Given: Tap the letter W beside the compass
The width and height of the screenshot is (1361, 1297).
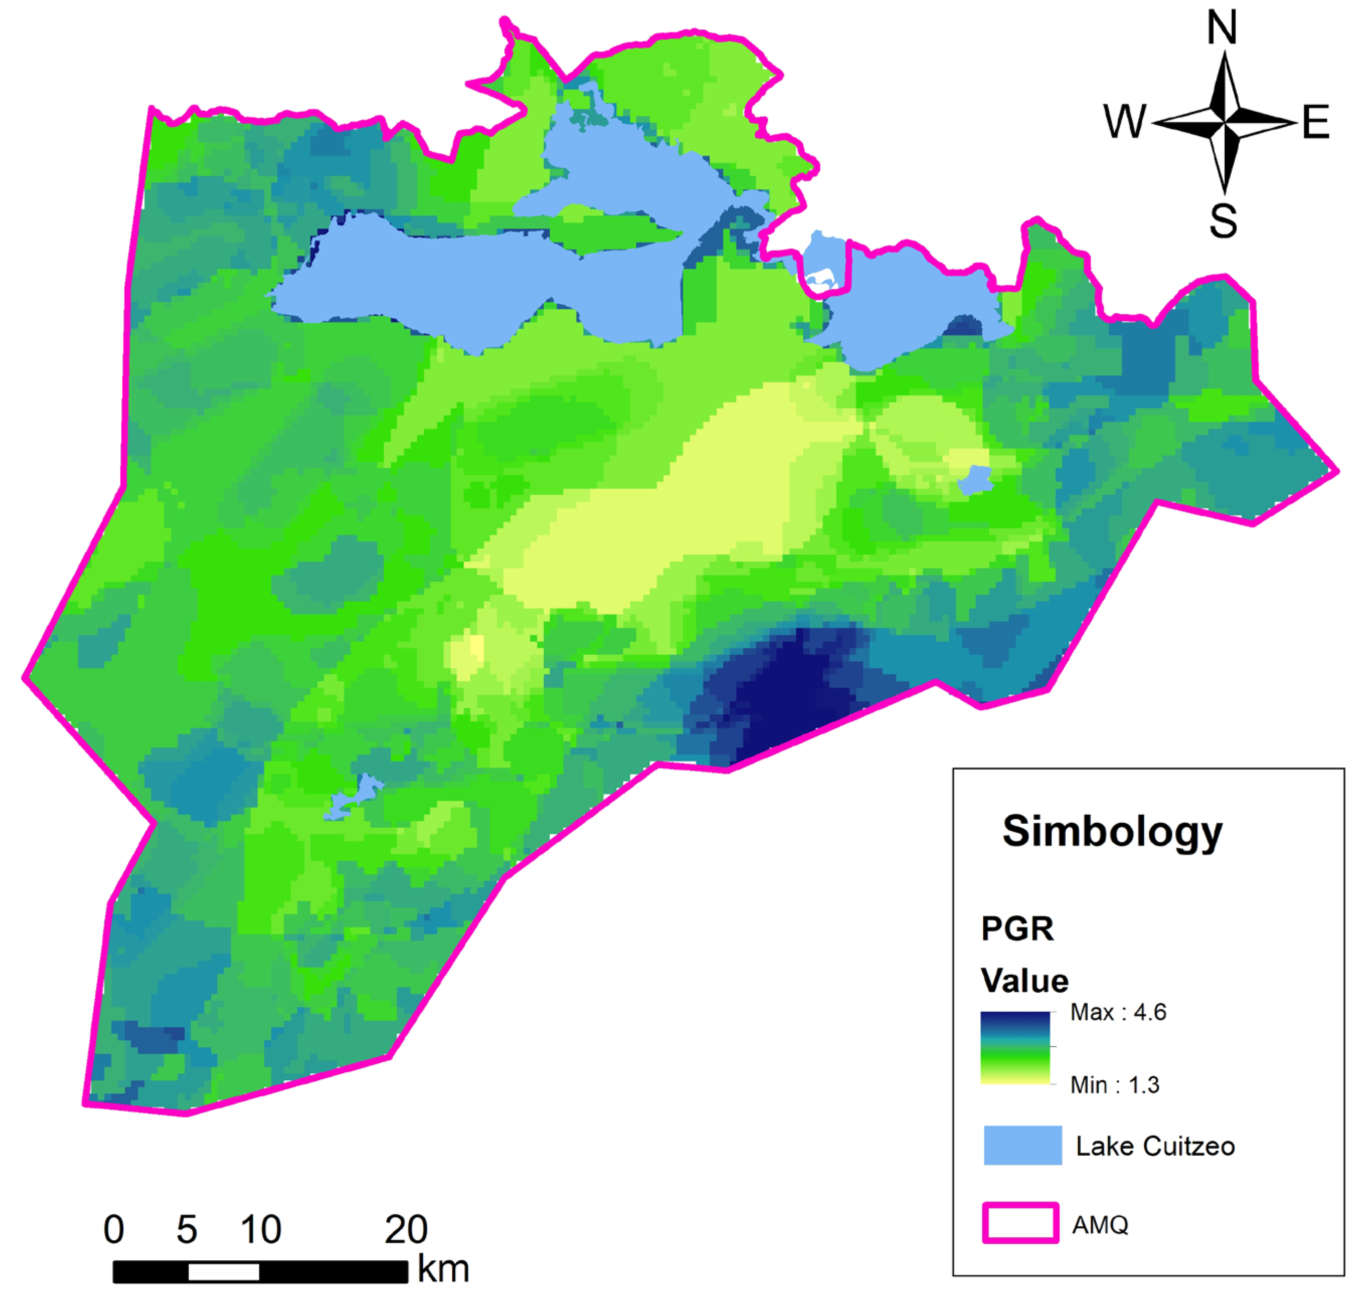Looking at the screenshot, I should [1125, 122].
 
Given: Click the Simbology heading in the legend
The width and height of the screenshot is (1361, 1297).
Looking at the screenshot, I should [1112, 832].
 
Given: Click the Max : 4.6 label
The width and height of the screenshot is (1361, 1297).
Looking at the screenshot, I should [1118, 1012].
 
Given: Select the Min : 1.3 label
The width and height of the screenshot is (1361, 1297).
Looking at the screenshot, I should [1114, 1085].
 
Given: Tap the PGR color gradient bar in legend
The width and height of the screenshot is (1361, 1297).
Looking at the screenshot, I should [1014, 1048].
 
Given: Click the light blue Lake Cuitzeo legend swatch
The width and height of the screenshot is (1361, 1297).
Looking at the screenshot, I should [1022, 1145].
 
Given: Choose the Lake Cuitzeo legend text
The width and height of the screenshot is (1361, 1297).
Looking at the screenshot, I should [1155, 1146].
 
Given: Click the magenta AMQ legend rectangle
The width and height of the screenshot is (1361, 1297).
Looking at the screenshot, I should [1021, 1223].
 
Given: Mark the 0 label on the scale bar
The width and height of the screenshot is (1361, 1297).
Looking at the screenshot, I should [114, 1230].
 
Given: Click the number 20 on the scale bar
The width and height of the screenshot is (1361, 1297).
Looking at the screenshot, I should [406, 1230].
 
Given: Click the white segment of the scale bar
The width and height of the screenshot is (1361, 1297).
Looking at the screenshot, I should [223, 1271].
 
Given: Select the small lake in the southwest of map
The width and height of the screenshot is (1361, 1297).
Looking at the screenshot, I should [355, 797].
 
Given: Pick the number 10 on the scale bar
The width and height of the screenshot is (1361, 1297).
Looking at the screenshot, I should [261, 1230].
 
